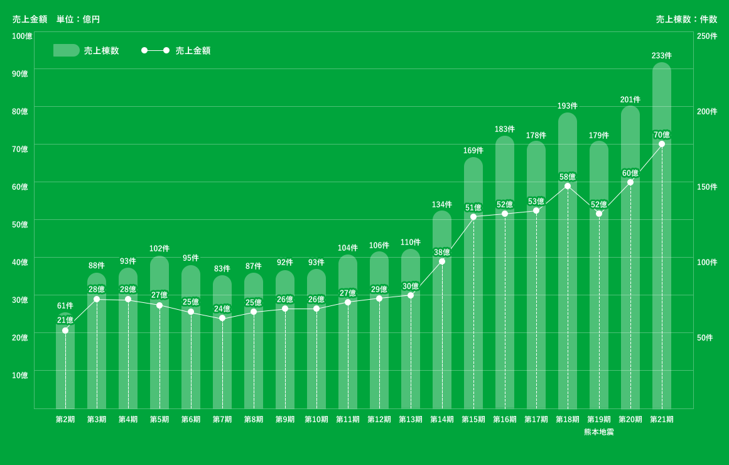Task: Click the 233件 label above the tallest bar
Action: (661, 55)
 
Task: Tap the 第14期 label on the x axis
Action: (441, 419)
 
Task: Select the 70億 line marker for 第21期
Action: (662, 144)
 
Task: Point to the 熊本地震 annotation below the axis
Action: (598, 432)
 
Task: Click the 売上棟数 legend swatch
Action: (66, 50)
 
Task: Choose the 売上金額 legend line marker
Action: (155, 50)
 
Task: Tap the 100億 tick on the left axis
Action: (22, 36)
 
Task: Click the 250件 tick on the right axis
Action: (707, 36)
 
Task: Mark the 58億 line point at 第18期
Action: (568, 186)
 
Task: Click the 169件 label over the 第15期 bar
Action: (473, 150)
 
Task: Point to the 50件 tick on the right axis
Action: (705, 337)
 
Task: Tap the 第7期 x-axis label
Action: (222, 419)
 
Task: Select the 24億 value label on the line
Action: (222, 309)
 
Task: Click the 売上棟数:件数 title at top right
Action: (686, 19)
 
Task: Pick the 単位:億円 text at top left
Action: (78, 19)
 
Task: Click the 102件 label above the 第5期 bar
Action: (159, 248)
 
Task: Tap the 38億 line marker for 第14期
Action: (442, 261)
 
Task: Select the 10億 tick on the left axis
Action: (20, 375)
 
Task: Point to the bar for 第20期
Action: (630, 283)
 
